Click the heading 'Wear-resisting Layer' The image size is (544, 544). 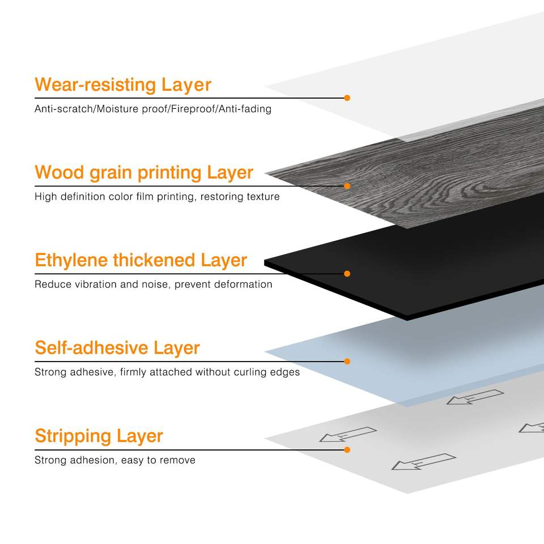coord(122,85)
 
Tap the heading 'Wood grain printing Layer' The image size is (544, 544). coord(143,172)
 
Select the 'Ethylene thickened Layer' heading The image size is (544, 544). coord(141,260)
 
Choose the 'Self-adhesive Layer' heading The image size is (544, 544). coord(117,348)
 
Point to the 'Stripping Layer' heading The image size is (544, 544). coord(99,436)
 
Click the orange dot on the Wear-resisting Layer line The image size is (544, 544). coord(347,98)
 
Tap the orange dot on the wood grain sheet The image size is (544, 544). coord(347,186)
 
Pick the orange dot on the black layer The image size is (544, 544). coord(347,274)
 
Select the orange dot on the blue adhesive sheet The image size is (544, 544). coord(347,362)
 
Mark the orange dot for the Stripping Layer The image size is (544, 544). coord(347,449)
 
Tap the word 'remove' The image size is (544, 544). coord(177,460)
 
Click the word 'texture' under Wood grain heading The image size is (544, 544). coord(263,197)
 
